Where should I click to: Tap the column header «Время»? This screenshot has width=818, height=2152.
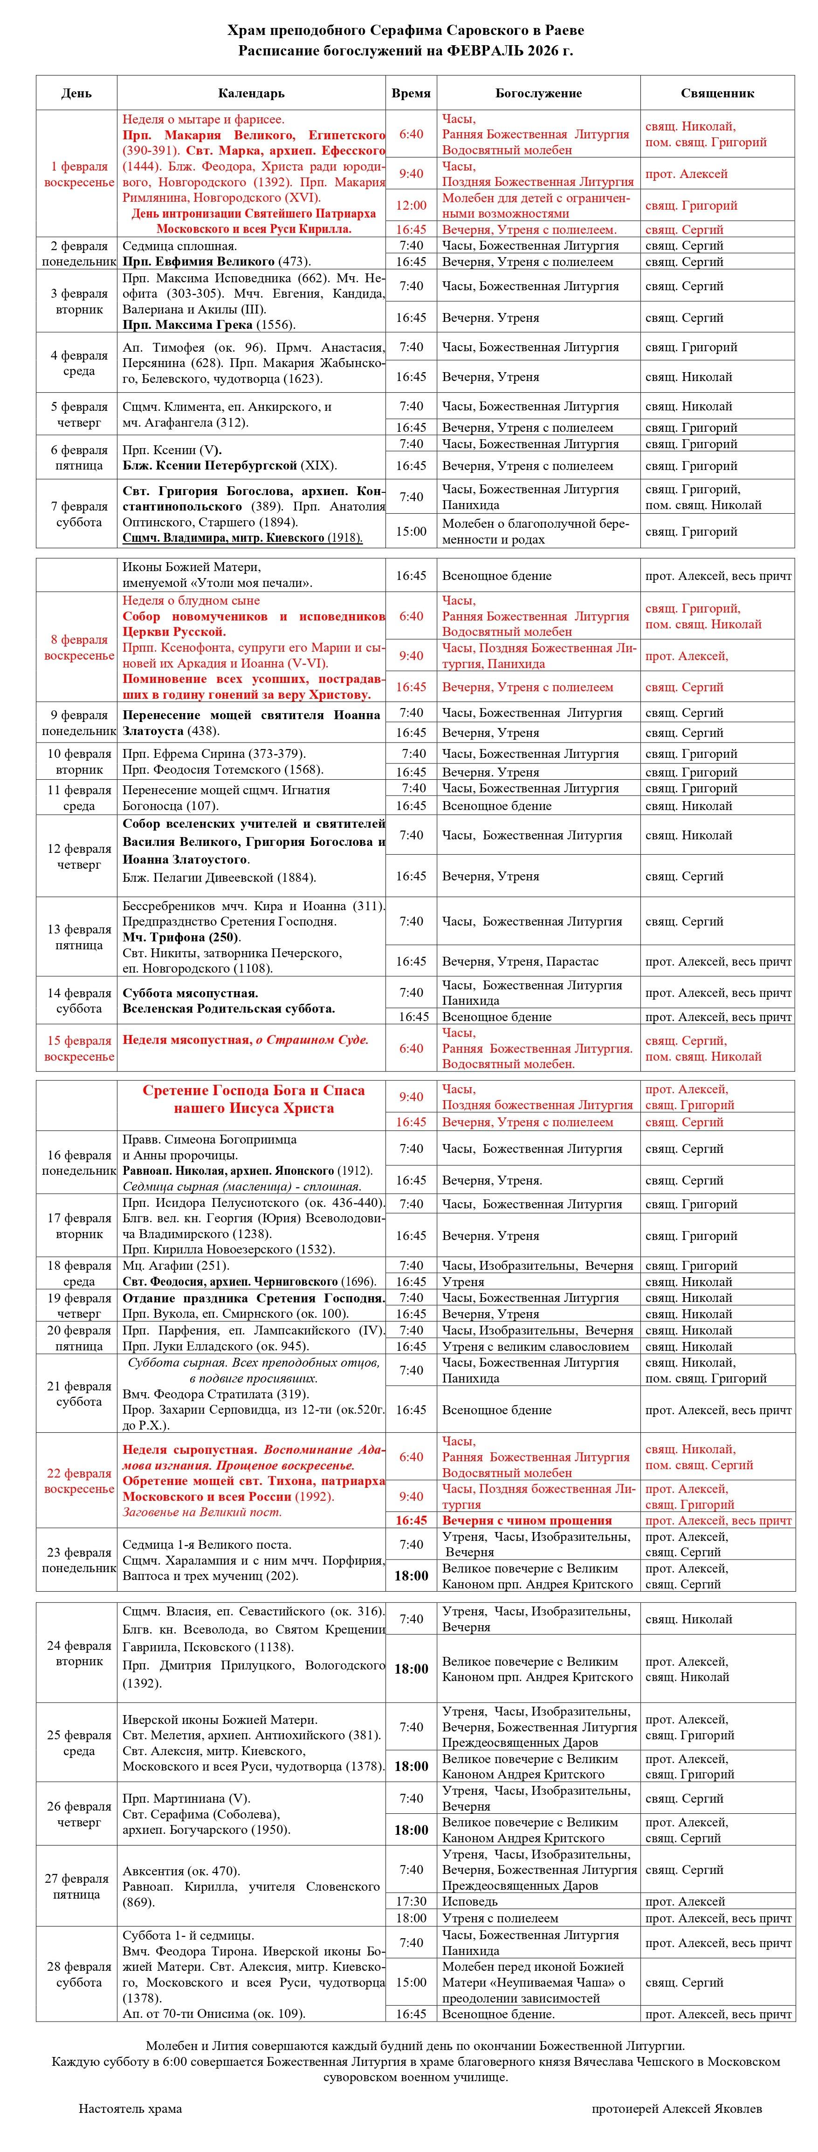click(411, 93)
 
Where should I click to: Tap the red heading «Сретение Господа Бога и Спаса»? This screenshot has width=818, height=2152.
click(253, 1090)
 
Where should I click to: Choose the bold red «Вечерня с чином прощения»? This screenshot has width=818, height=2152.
click(526, 1520)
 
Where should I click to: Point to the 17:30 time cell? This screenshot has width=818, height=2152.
click(411, 1901)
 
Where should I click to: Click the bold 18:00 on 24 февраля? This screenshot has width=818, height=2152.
click(411, 1669)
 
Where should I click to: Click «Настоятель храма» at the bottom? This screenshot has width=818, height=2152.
click(131, 2109)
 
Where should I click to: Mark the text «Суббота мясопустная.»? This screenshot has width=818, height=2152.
click(191, 993)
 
